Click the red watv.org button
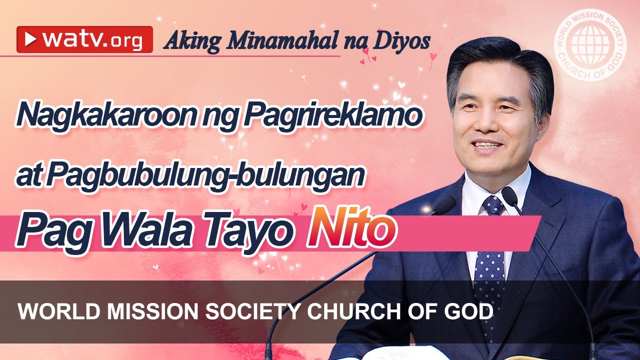(x=84, y=39)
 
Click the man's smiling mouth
(x=487, y=146)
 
